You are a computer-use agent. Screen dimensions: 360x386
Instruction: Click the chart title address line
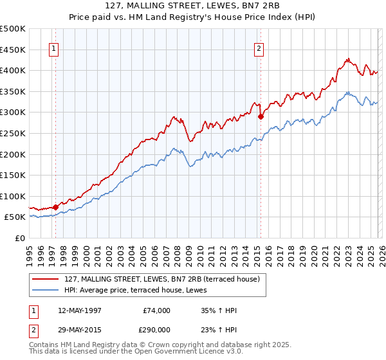pyautogui.click(x=193, y=7)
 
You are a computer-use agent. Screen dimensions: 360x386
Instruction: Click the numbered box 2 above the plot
pyautogui.click(x=259, y=49)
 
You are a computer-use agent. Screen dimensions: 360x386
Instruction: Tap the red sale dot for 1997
pyautogui.click(x=56, y=206)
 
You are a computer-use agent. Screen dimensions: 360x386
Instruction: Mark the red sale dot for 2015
pyautogui.click(x=261, y=117)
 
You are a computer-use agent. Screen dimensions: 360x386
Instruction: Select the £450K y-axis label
pyautogui.click(x=13, y=50)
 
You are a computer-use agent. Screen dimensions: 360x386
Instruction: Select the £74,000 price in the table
pyautogui.click(x=157, y=310)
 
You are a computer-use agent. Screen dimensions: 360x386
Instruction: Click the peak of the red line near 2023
pyautogui.click(x=347, y=59)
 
